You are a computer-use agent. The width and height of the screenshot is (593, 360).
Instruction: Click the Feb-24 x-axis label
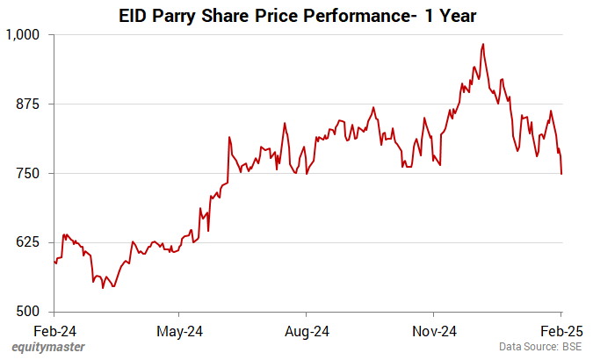54,331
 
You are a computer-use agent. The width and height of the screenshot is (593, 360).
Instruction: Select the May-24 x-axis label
179,331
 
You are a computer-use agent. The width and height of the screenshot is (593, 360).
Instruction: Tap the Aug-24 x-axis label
307,331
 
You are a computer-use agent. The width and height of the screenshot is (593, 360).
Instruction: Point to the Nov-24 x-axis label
434,331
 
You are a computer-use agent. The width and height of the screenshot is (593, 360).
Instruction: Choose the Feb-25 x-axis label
560,331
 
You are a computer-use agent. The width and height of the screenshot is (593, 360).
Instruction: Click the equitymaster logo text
49,348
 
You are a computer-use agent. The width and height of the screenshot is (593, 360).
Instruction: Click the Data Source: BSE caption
539,348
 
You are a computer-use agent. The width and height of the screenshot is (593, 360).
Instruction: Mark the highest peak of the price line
483,44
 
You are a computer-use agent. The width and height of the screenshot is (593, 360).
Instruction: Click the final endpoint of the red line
561,174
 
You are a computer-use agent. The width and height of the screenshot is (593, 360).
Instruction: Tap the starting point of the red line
54,261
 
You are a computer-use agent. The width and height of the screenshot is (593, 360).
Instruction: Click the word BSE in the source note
571,348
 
